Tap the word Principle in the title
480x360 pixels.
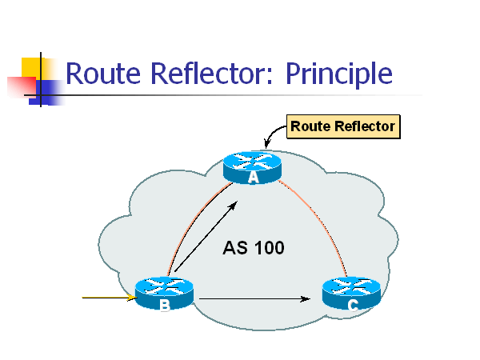[339, 74]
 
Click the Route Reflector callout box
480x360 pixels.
[342, 126]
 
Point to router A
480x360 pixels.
[254, 164]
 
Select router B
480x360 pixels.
[165, 291]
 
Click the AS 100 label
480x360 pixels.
[253, 248]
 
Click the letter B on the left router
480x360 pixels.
[165, 305]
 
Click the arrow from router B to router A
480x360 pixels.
[204, 237]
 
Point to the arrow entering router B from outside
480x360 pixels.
[108, 299]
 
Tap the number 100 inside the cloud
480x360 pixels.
[268, 248]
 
